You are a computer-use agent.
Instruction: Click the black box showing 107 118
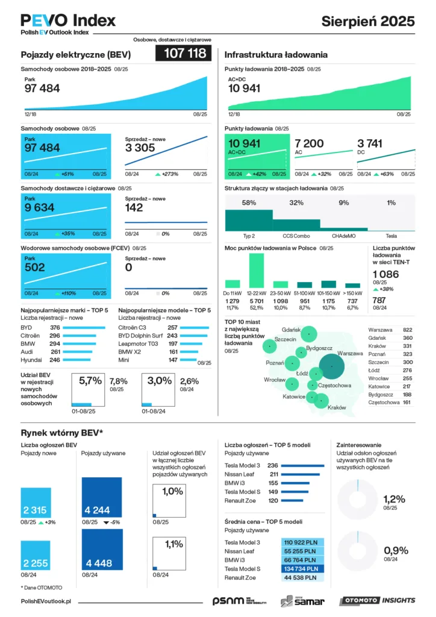pyautogui.click(x=184, y=54)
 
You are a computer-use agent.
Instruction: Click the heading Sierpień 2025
pyautogui.click(x=368, y=20)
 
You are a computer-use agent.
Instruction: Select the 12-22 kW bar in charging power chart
pyautogui.click(x=257, y=270)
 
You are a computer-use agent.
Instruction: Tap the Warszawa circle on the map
pyautogui.click(x=332, y=366)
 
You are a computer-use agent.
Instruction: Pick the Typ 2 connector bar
pyautogui.click(x=248, y=221)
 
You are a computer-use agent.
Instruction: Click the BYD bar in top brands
pyautogui.click(x=84, y=327)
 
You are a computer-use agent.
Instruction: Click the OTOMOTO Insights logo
pyautogui.click(x=377, y=600)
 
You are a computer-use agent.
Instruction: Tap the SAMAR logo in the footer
pyautogui.click(x=303, y=600)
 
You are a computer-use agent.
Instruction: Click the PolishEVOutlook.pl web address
pyautogui.click(x=46, y=601)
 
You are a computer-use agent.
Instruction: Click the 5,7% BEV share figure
pyautogui.click(x=90, y=381)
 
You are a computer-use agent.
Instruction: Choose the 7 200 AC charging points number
pyautogui.click(x=309, y=143)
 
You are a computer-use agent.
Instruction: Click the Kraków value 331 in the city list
pyautogui.click(x=407, y=346)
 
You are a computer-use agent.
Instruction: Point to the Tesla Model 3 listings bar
pyautogui.click(x=303, y=465)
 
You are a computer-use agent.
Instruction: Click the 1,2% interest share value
pyautogui.click(x=394, y=499)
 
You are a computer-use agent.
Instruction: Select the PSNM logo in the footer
pyautogui.click(x=228, y=600)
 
